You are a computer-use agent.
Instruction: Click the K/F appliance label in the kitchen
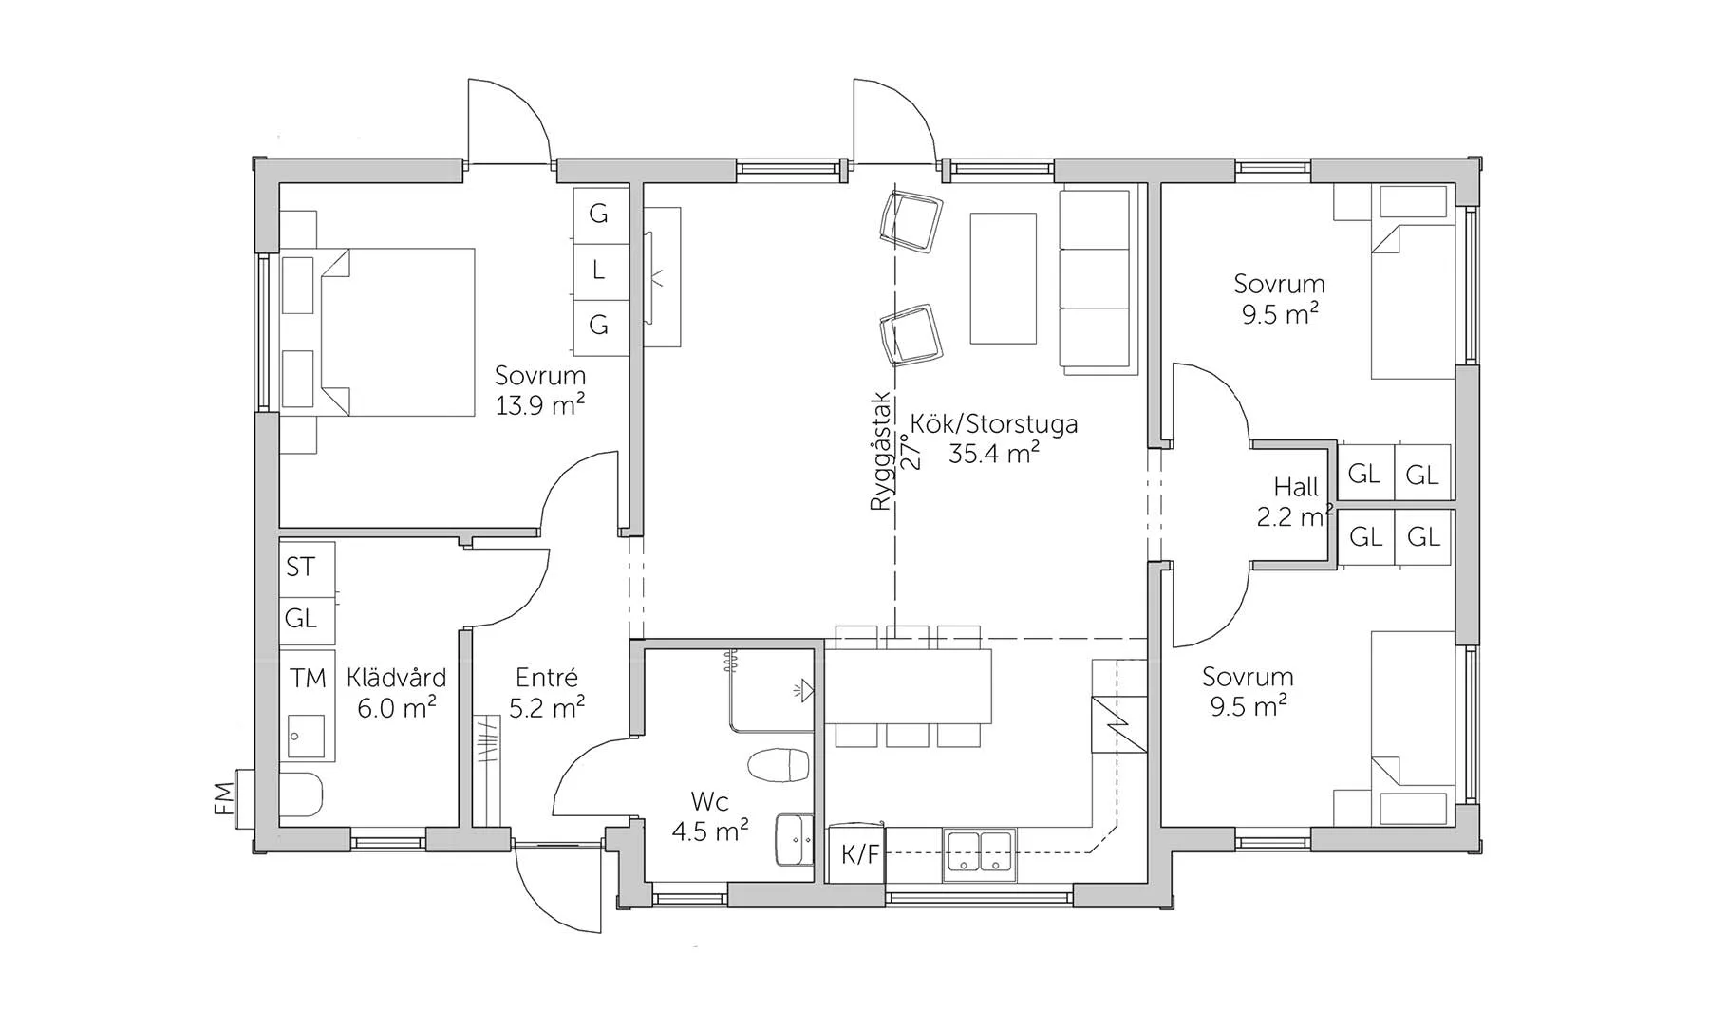pos(860,855)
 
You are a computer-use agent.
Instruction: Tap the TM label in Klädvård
pos(308,678)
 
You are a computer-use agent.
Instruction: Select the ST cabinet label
pos(300,567)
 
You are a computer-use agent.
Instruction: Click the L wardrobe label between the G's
pos(598,271)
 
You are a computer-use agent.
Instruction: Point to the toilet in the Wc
pos(779,765)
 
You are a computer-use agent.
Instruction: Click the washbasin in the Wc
pos(795,839)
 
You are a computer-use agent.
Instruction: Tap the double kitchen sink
pos(979,851)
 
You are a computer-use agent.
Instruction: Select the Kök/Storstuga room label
pos(994,423)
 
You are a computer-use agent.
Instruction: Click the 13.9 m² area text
pos(540,405)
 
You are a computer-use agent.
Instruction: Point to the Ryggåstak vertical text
pos(881,452)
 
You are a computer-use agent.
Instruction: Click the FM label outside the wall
pos(224,798)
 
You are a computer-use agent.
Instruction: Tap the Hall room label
pos(1296,487)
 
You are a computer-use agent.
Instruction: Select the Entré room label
pos(547,678)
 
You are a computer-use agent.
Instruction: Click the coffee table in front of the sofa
pos(1003,278)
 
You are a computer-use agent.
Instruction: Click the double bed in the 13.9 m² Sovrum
pos(397,332)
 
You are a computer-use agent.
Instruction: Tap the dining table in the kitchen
pos(908,686)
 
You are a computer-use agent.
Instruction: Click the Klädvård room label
pos(396,678)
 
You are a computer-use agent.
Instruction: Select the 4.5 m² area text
pos(710,831)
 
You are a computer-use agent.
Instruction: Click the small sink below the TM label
pos(307,737)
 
